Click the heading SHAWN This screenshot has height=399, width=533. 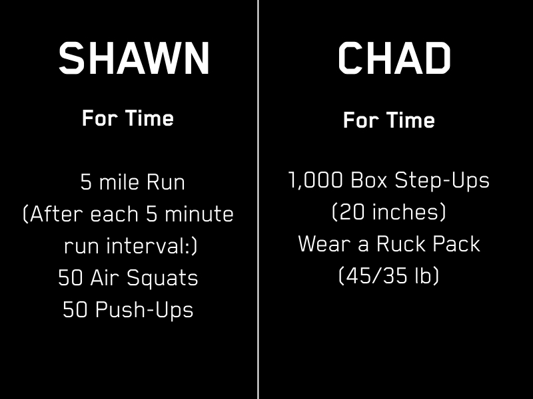tap(134, 58)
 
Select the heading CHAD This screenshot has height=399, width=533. tap(394, 58)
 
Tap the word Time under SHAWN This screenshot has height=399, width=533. tap(149, 118)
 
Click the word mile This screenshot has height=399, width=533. tap(119, 182)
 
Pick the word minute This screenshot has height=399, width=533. tap(199, 214)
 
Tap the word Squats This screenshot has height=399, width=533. tap(163, 279)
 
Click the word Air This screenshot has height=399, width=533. tap(103, 278)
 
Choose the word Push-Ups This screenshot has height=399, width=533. tap(144, 310)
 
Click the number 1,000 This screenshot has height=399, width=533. tap(315, 180)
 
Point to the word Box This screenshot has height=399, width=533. tap(369, 180)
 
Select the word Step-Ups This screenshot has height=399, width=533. tap(442, 180)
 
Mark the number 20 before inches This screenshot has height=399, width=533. tap(352, 212)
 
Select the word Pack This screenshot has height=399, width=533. tap(456, 243)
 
